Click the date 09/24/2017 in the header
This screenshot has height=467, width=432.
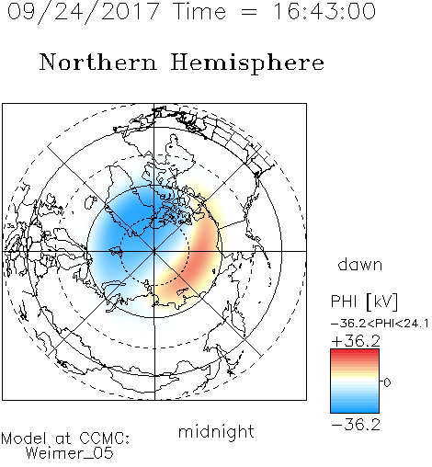[x=84, y=12]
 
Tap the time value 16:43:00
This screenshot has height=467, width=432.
[x=324, y=11]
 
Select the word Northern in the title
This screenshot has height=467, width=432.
[x=98, y=62]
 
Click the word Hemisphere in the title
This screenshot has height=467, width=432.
[x=247, y=63]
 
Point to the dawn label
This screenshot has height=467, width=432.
[x=360, y=264]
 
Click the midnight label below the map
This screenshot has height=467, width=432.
[x=216, y=432]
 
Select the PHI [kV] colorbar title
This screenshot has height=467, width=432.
[x=364, y=302]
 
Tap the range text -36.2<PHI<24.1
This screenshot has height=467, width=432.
[x=380, y=324]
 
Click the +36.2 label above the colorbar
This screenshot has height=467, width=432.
[x=356, y=341]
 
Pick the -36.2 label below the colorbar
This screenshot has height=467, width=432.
[x=356, y=425]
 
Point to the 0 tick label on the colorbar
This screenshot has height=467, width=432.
[x=387, y=382]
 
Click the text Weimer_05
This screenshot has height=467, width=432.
[x=70, y=453]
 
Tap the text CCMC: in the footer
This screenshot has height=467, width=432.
[x=105, y=439]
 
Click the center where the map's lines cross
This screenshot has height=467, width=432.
[x=154, y=251]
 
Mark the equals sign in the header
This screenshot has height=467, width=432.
[x=249, y=12]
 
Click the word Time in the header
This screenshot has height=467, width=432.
[x=199, y=11]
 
